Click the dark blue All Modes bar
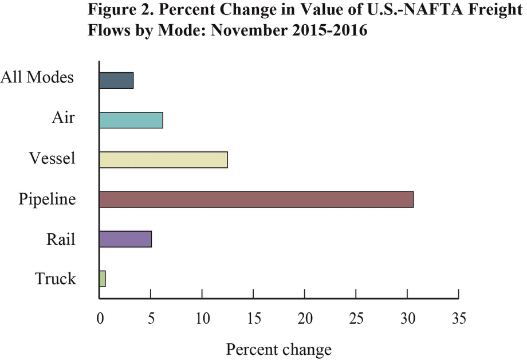(x=116, y=80)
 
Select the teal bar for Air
(x=131, y=120)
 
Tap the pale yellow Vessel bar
(x=163, y=159)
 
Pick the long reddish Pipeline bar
(x=256, y=199)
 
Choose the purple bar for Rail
(x=125, y=238)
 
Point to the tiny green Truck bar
(x=103, y=279)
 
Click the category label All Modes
(x=38, y=77)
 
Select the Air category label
(x=63, y=118)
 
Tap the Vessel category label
(x=52, y=158)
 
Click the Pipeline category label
(x=47, y=199)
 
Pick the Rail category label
(x=61, y=238)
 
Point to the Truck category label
(x=55, y=279)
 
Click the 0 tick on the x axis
(x=100, y=317)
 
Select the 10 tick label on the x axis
(x=202, y=317)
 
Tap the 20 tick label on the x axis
(x=304, y=317)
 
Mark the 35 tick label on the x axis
(x=458, y=317)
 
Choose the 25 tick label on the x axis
(x=356, y=317)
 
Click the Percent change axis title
(x=278, y=349)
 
